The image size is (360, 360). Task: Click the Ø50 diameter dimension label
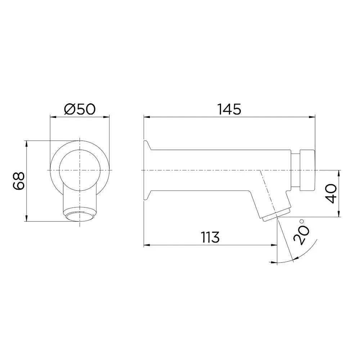tap(79, 109)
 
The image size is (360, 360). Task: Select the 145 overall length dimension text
tap(229, 109)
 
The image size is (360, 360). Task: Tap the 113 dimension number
tap(210, 238)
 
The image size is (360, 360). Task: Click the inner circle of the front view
tap(79, 169)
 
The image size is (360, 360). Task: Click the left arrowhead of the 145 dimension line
tap(145, 116)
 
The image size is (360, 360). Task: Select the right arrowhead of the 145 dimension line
tap(314, 116)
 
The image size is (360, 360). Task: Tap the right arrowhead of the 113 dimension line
tap(275, 245)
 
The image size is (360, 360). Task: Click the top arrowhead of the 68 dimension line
tap(26, 142)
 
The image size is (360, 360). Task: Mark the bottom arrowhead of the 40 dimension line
tap(338, 216)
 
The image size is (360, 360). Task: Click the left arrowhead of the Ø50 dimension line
tap(51, 117)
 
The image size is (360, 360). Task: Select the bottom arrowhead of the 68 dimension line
tap(26, 220)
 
